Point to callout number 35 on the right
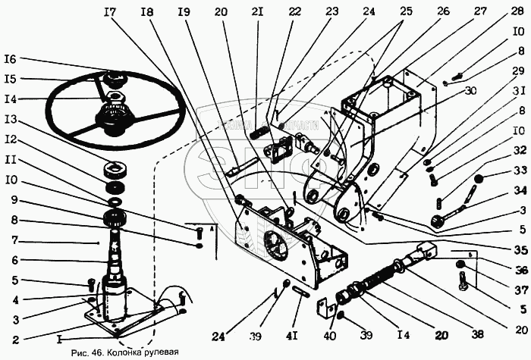click(x=518, y=249)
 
